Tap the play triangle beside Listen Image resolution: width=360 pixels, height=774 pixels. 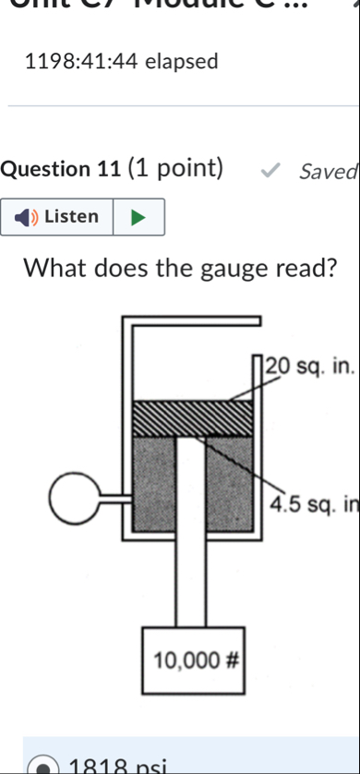[138, 217]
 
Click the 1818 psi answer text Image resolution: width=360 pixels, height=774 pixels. [111, 767]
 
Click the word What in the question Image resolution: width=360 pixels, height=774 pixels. [61, 269]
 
